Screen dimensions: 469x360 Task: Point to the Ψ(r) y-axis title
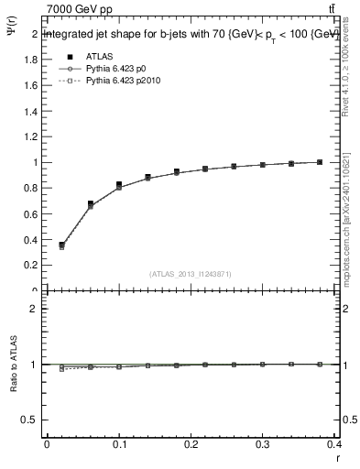coord(12,38)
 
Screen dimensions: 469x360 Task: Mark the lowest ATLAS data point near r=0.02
coord(61,245)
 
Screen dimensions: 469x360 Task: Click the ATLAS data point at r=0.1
coord(119,185)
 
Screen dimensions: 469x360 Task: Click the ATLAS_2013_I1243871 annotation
coord(191,273)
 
